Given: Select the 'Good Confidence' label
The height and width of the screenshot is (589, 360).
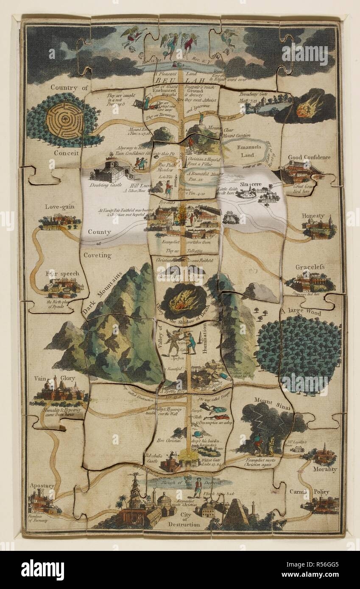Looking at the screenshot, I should (309, 157).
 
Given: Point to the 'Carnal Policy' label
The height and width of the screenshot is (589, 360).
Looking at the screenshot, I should (315, 492).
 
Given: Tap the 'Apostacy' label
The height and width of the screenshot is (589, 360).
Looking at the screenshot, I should (42, 486).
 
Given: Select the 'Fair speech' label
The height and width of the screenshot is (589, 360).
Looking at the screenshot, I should (62, 273).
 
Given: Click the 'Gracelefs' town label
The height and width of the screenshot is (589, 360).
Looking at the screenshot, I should (310, 267).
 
